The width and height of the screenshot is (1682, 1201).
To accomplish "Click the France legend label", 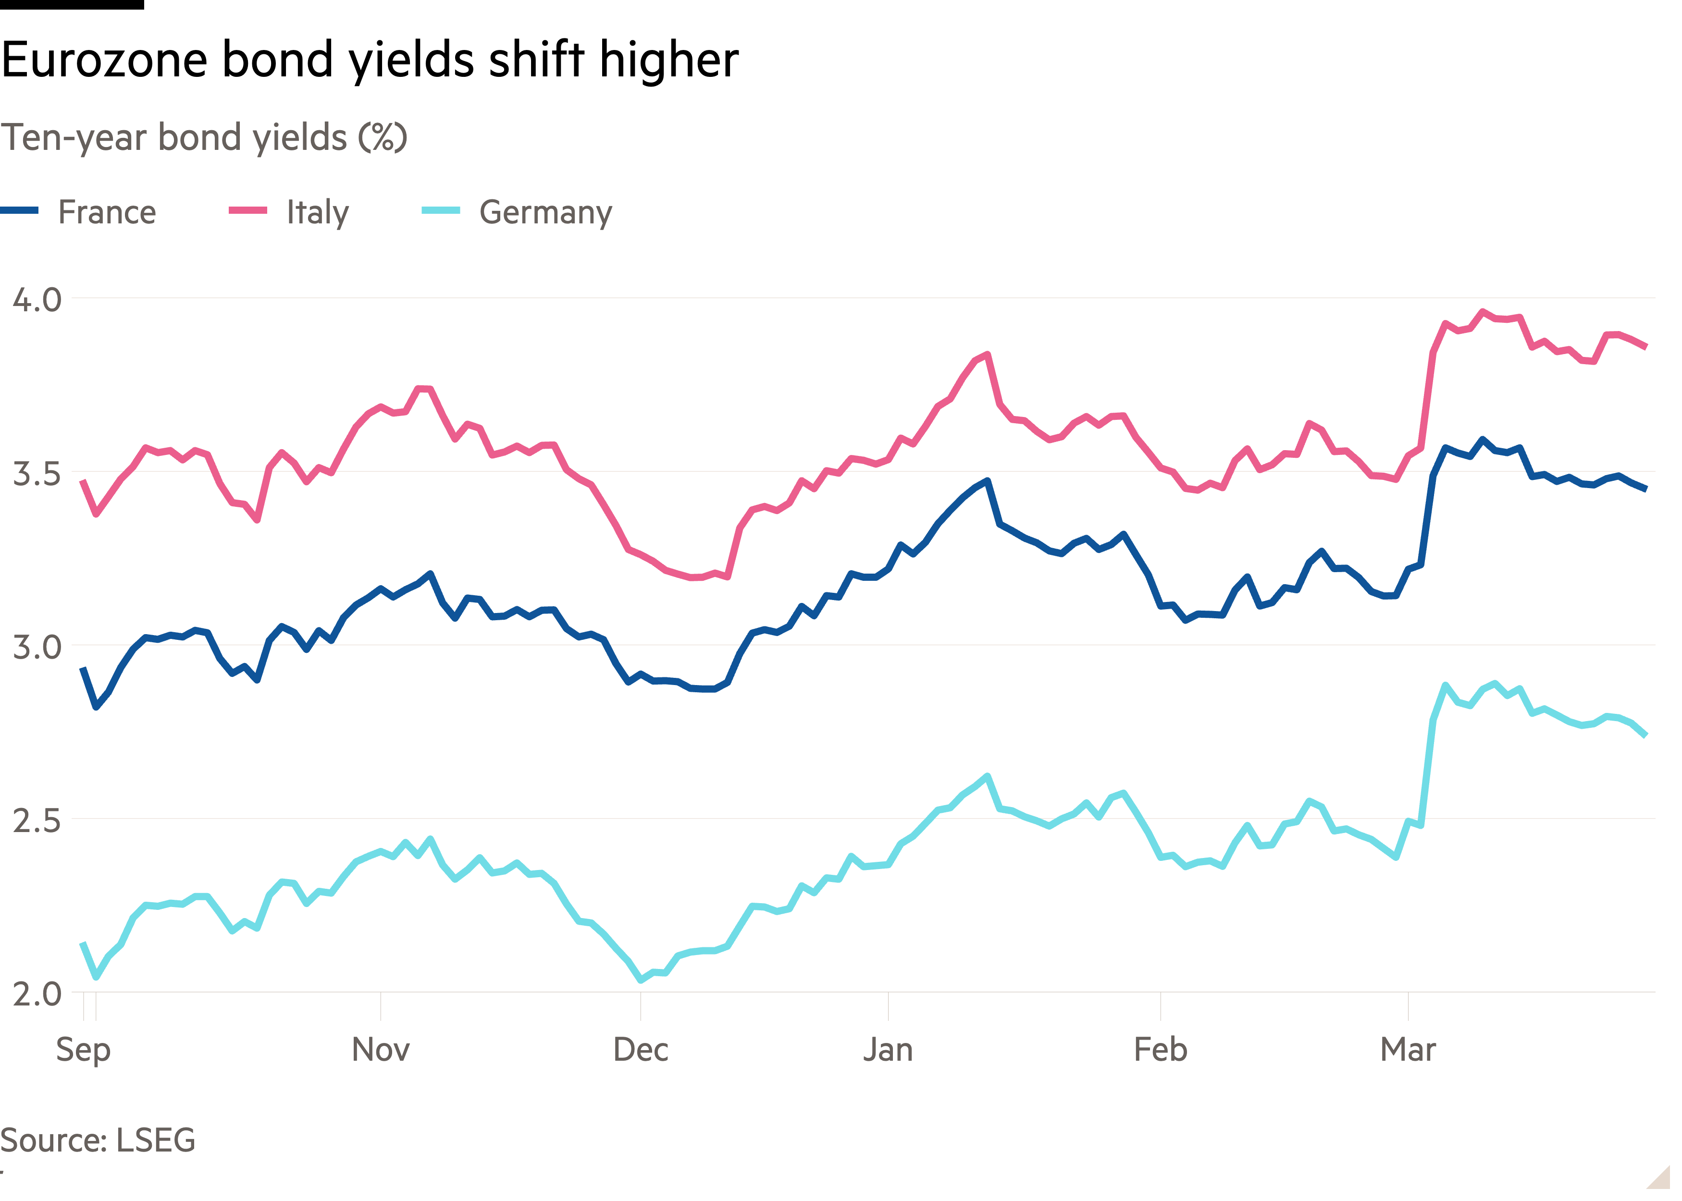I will pos(107,212).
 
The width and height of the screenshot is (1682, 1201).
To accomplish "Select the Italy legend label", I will pos(317,212).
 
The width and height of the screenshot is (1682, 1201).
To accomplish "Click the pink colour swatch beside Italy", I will pos(248,211).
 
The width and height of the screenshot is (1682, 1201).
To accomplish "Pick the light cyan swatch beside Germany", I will pos(441,211).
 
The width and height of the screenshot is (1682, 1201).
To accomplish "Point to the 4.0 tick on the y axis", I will pos(37,299).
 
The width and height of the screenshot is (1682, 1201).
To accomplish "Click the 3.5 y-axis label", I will pos(37,473).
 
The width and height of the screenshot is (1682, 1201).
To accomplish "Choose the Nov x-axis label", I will pos(380,1049).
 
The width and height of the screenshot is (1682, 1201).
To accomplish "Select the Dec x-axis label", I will pos(641,1049).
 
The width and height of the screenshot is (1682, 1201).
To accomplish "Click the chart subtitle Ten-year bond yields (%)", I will pos(203,137).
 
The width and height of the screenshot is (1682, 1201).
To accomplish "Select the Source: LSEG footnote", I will pos(98,1140).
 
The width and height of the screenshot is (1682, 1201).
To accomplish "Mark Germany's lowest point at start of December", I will pos(641,980).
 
